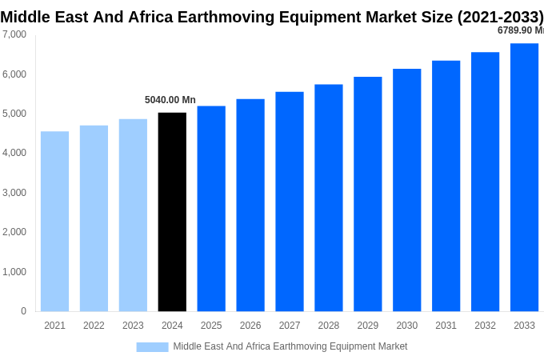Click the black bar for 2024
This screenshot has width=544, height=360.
click(x=172, y=212)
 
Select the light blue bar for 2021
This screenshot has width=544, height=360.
click(x=54, y=222)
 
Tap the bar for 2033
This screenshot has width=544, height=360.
click(x=524, y=177)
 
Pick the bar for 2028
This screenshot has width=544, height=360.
click(x=328, y=198)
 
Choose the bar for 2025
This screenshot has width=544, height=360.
click(x=211, y=209)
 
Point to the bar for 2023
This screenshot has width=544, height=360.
click(x=133, y=215)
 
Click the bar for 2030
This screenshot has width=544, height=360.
click(x=406, y=190)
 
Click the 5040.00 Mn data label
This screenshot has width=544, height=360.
click(x=170, y=100)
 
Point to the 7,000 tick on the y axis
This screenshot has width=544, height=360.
click(x=14, y=34)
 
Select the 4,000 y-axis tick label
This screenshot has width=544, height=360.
click(x=14, y=153)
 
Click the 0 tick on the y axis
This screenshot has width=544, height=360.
click(x=23, y=311)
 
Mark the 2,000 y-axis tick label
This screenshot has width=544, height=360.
click(x=14, y=232)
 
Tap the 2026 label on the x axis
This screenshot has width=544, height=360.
click(x=250, y=326)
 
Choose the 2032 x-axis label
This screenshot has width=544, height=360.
click(x=485, y=326)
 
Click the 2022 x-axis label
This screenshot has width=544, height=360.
click(x=94, y=326)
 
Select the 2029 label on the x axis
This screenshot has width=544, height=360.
click(x=367, y=326)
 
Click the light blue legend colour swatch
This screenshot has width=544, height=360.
click(x=152, y=346)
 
